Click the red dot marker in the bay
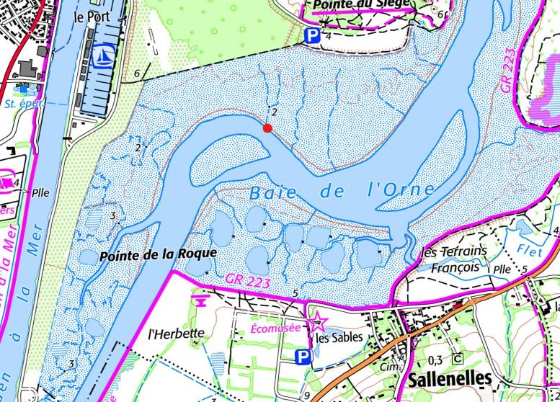pos(267,128)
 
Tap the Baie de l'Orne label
pos(343,192)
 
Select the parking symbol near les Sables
pos(304,357)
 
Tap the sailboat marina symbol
pos(101,53)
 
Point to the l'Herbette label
pos(177,334)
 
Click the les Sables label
pos(337,336)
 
